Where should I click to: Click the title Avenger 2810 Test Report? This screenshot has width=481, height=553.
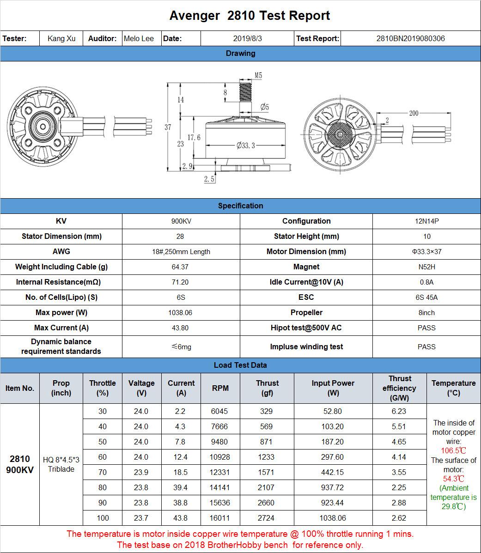tap(250, 16)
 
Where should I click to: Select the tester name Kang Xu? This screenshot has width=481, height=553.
tap(61, 38)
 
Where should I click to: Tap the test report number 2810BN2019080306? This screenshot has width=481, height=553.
tap(410, 38)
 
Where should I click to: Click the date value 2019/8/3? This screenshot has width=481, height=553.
tap(247, 38)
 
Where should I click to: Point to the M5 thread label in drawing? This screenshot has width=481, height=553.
tap(258, 75)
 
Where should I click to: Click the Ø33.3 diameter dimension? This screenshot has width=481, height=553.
tap(246, 146)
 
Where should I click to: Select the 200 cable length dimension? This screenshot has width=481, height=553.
tap(414, 113)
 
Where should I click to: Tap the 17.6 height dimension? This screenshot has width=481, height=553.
tap(194, 138)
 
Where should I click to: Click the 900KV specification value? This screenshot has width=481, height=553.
tap(181, 221)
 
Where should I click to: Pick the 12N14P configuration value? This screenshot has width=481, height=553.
tap(426, 221)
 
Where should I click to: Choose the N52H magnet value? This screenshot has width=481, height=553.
tap(426, 267)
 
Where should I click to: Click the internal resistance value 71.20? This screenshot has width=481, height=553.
tap(180, 282)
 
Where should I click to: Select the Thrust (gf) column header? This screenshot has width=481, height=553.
tap(267, 388)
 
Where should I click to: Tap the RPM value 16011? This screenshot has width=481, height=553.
tap(219, 518)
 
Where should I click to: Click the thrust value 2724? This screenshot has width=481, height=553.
tap(266, 518)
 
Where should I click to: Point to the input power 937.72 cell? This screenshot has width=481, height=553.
tap(333, 487)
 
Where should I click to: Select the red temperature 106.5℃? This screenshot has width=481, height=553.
tap(453, 451)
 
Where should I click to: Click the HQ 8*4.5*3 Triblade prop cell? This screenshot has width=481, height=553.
tap(61, 464)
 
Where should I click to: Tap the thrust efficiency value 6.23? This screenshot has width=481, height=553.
tap(399, 411)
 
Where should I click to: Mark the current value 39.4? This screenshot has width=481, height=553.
tap(181, 487)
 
